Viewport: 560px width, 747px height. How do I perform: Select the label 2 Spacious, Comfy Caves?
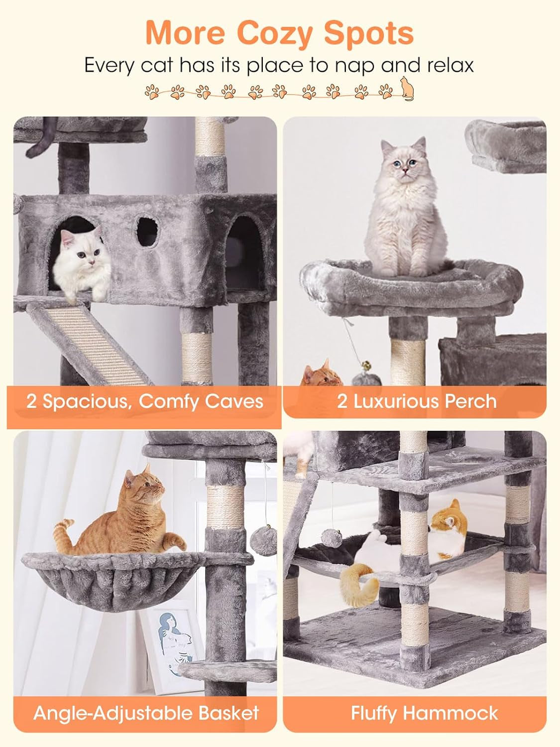tap(144, 401)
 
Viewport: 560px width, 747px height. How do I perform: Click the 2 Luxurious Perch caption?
tap(416, 401)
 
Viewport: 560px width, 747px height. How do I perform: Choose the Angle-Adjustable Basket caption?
tap(146, 713)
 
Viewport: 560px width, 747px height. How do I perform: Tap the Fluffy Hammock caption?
tap(424, 713)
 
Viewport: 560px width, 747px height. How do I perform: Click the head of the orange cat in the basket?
tap(142, 489)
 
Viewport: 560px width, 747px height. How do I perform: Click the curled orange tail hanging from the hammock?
tap(354, 583)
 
